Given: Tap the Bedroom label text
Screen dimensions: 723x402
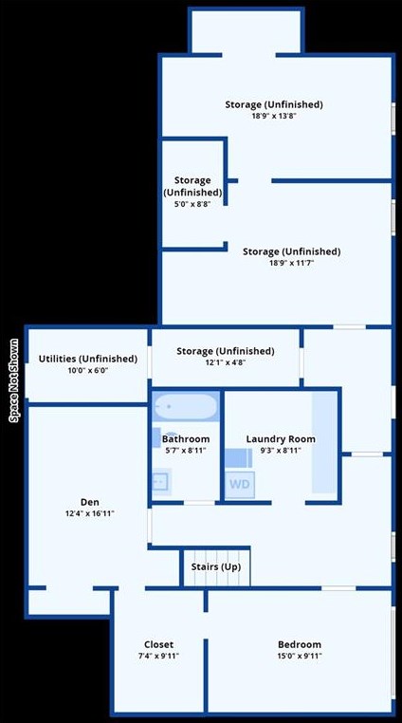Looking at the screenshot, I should click(299, 644).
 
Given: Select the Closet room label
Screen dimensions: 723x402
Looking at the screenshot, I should click(158, 644).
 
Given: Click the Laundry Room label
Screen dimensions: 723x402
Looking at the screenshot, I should click(281, 439).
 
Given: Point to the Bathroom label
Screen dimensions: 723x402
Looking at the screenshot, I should click(186, 439).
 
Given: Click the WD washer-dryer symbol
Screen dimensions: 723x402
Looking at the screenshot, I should click(238, 482).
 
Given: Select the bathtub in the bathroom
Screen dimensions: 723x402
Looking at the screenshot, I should click(185, 408).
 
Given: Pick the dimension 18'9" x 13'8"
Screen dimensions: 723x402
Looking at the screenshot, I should click(274, 116).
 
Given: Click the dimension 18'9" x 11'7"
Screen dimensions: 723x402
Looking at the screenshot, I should click(291, 263).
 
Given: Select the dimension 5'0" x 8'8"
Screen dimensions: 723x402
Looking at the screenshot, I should click(192, 203).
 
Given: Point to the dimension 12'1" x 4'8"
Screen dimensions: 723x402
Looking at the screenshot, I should click(225, 362).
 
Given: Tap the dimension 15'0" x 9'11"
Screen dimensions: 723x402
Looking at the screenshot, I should click(299, 656).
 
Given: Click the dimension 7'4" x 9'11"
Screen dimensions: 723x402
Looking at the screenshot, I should click(158, 656).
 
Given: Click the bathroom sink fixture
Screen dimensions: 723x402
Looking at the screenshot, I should click(160, 481).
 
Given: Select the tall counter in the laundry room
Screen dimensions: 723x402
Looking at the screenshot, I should click(325, 442).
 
